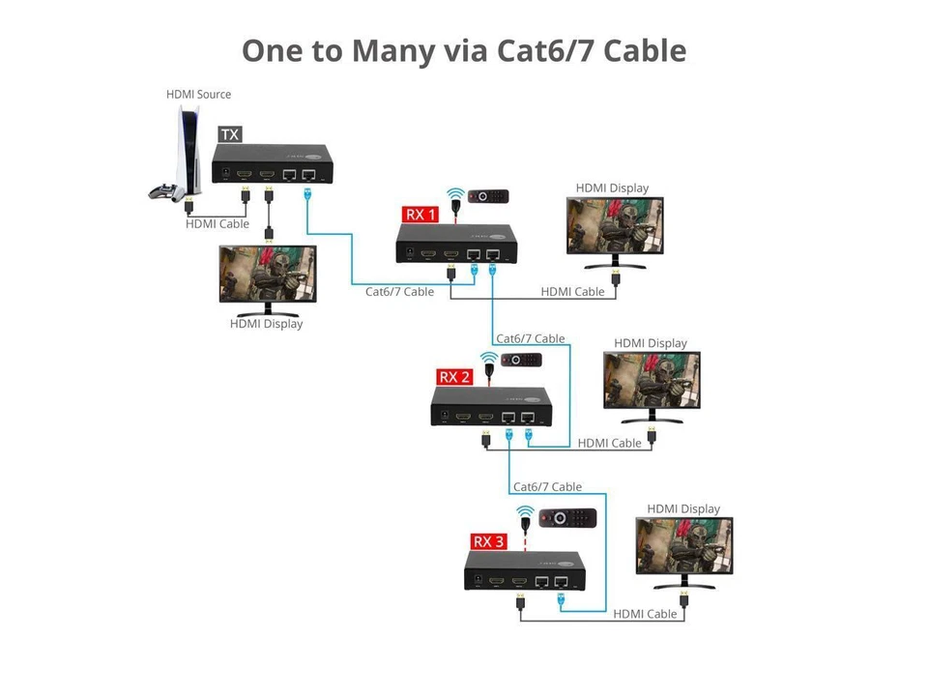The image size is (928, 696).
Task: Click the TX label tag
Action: point(230,134)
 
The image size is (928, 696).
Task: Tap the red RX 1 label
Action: point(420,214)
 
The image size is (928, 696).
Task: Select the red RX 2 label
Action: point(454,377)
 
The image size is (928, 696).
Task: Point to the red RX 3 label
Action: point(488,541)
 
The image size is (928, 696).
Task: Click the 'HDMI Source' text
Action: point(198,94)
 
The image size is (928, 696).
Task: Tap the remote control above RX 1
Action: point(489,196)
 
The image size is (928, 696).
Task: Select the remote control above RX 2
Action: point(521,360)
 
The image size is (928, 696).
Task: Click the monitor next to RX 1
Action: point(615,230)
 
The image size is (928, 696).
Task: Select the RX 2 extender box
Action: point(491,407)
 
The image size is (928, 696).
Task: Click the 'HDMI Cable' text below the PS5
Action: point(217,223)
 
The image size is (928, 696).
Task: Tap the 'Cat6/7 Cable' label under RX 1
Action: point(399,291)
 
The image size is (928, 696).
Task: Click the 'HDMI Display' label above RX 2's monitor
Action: point(651,343)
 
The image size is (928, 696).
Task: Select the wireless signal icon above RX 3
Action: point(525,512)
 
